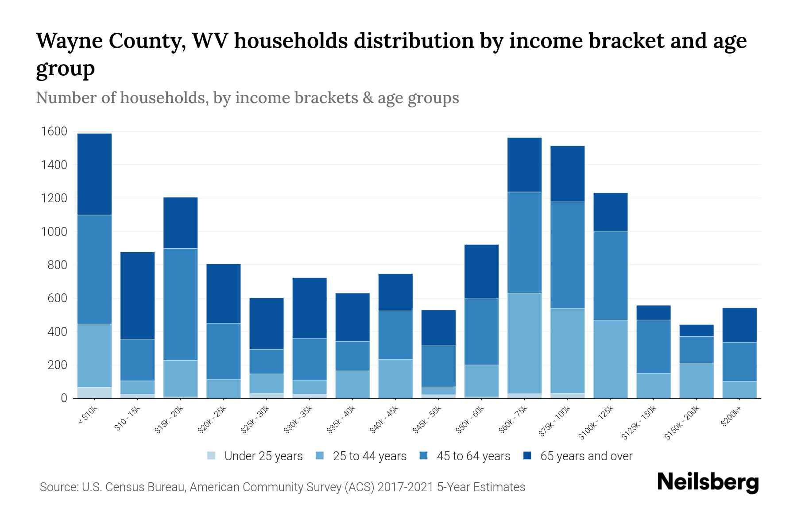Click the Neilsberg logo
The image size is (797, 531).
(708, 482)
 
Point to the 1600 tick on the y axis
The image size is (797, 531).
(54, 131)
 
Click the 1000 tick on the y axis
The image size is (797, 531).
(54, 231)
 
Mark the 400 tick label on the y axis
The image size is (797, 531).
(57, 332)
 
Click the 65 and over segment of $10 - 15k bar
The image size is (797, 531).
(137, 296)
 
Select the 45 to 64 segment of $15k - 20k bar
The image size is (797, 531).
(180, 304)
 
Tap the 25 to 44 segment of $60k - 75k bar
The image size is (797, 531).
(524, 343)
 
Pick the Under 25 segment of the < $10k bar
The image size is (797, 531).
(94, 393)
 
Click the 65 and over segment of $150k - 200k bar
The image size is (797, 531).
(696, 331)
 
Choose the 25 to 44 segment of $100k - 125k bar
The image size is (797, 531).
(610, 359)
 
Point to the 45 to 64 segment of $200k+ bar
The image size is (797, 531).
(739, 362)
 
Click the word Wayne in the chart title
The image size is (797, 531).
(68, 41)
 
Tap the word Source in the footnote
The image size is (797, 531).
(58, 487)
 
